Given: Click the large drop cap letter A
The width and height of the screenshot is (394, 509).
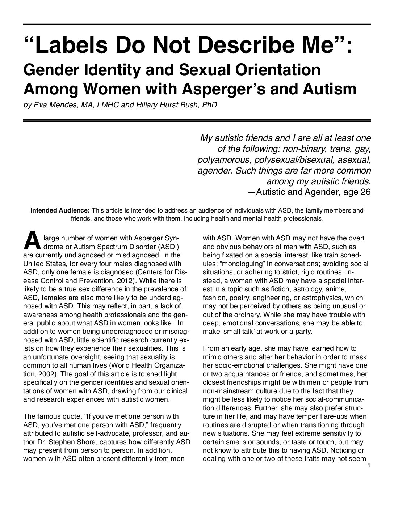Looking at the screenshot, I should (x=31, y=242).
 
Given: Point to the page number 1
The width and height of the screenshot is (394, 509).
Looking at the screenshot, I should (x=368, y=466).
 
